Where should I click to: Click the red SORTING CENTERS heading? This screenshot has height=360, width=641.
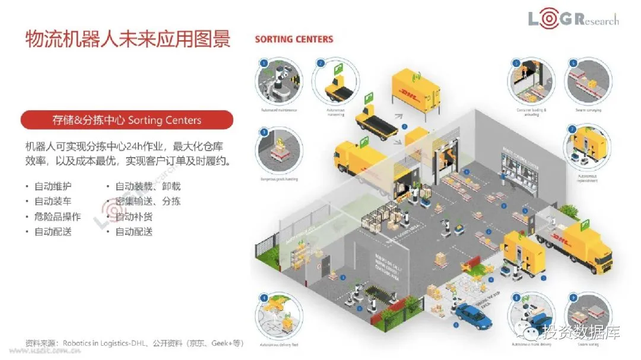pos(294,39)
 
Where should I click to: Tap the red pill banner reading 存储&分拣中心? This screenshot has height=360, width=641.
pos(127,120)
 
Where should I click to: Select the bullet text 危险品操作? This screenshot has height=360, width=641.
pos(57,216)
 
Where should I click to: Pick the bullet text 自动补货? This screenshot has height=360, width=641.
pos(134,216)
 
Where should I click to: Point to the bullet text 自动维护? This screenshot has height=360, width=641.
pos(53,186)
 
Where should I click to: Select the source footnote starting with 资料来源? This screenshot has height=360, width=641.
pos(134,343)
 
